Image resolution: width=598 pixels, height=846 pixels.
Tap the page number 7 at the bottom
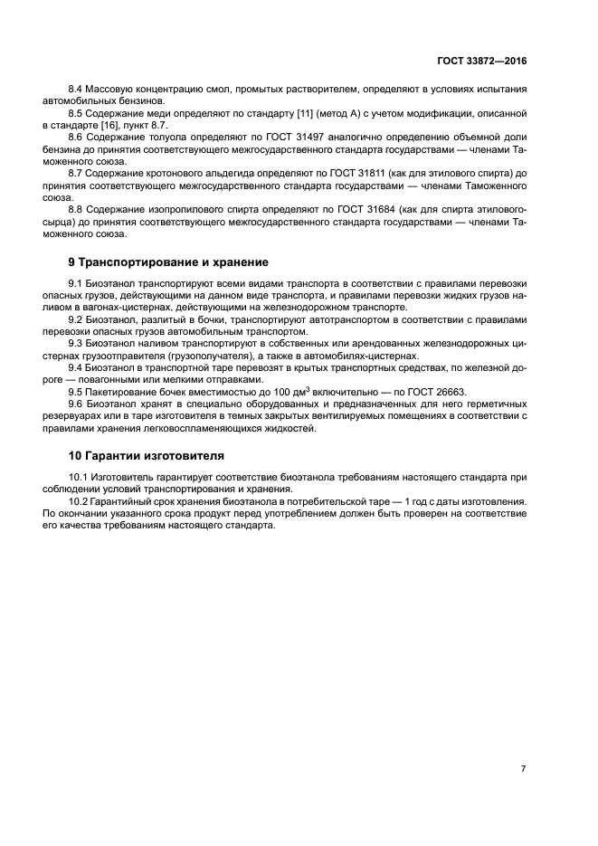(x=523, y=743)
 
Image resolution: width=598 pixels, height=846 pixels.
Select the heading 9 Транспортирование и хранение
(x=168, y=262)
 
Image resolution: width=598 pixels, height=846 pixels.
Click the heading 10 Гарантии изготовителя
(x=146, y=455)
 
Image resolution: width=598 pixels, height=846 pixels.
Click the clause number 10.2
(x=81, y=500)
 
